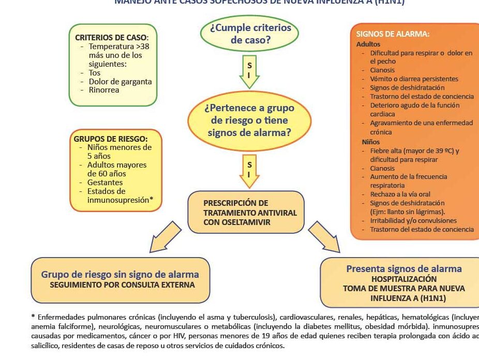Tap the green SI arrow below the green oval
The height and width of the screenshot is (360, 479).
pos(249,72)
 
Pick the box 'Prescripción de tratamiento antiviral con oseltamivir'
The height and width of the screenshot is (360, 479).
pos(246,212)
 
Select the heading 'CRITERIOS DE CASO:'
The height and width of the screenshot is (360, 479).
pos(112,37)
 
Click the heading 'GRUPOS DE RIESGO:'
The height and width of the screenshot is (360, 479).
pos(111,139)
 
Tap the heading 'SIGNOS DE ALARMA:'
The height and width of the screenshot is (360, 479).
pos(393,34)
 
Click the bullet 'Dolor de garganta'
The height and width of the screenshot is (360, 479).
pos(120,82)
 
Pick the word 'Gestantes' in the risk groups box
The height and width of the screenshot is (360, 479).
pos(105,183)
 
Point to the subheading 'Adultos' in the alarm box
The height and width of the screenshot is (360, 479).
pos(368,44)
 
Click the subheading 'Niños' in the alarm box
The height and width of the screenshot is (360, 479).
pos(371,142)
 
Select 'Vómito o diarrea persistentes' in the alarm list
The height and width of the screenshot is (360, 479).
pos(414,79)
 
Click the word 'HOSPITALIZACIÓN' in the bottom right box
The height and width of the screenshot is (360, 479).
pos(403,279)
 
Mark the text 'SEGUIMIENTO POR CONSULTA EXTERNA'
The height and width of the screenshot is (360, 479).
pos(122,285)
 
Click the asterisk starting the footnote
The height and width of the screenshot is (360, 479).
pos(34,317)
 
